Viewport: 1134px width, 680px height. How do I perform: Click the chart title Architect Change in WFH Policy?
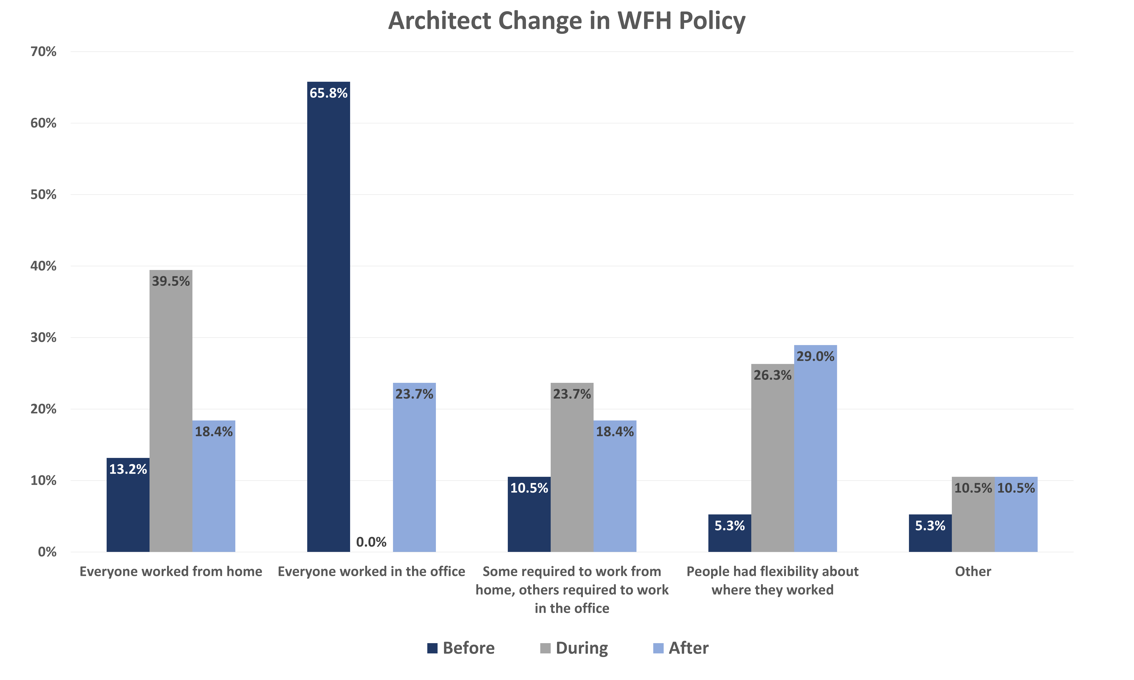(x=567, y=21)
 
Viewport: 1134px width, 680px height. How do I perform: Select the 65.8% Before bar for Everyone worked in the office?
(x=328, y=316)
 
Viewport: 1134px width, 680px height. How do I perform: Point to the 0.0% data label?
(x=371, y=542)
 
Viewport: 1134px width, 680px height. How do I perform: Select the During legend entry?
(x=574, y=648)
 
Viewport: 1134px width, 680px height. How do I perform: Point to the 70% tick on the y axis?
(x=43, y=52)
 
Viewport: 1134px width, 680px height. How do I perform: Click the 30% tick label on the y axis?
(x=43, y=338)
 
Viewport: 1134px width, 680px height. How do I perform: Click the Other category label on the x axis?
(x=973, y=571)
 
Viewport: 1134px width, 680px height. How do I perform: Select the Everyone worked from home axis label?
(x=171, y=571)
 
